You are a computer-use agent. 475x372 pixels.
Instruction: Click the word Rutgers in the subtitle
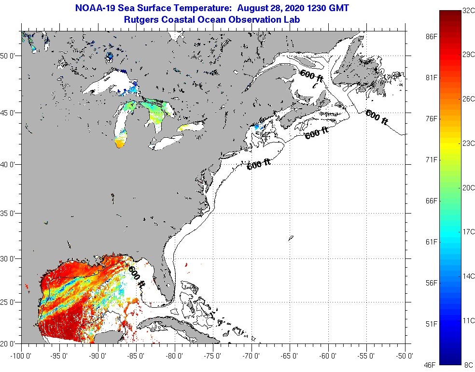141,20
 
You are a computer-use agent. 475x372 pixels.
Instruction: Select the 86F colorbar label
432,37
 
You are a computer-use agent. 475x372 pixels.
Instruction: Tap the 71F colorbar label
432,159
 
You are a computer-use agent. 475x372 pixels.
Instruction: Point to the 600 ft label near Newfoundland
377,117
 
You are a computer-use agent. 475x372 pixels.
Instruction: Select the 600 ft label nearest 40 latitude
259,164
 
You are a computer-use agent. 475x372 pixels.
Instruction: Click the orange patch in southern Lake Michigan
120,143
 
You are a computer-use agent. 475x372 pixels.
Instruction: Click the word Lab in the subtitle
293,20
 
